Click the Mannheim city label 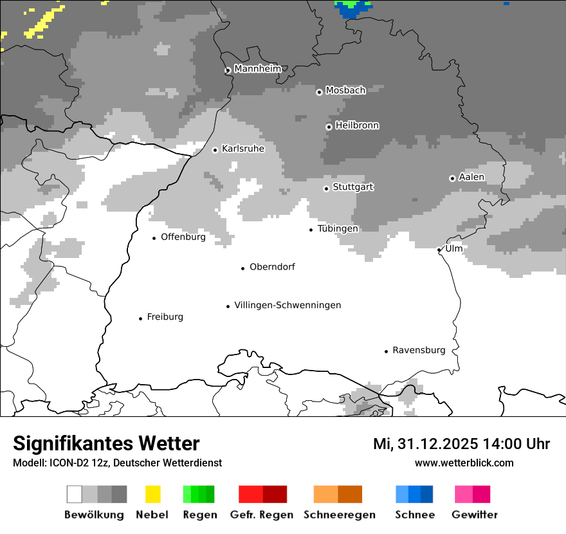point(258,69)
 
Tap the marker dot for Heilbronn point(329,127)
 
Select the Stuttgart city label point(352,187)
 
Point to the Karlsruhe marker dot point(215,150)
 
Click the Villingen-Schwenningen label point(288,305)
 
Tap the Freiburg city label point(165,317)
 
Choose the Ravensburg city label point(419,350)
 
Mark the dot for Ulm point(439,250)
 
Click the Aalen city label point(471,177)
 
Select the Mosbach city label point(345,91)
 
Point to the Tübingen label point(338,228)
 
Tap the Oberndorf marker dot point(243,268)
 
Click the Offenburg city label point(183,237)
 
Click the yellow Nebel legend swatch point(153,494)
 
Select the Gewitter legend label point(474,515)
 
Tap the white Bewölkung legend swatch point(75,494)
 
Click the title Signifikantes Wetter point(106,444)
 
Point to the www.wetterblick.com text point(464,463)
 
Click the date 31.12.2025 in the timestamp point(437,444)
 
